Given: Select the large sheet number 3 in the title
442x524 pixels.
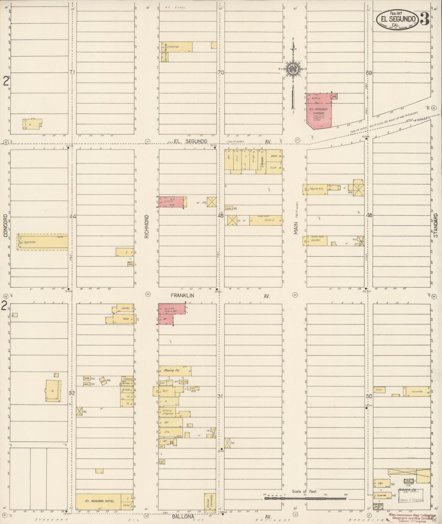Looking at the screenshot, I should (424, 19).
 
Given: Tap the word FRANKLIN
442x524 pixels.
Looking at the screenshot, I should (182, 296).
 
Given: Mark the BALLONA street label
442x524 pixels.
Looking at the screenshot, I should (183, 517).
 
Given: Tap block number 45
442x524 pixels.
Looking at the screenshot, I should (221, 216).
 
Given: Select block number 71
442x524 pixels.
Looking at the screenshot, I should (72, 72).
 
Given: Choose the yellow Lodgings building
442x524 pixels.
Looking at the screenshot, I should (176, 47).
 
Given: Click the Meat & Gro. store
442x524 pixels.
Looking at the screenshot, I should (315, 189).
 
